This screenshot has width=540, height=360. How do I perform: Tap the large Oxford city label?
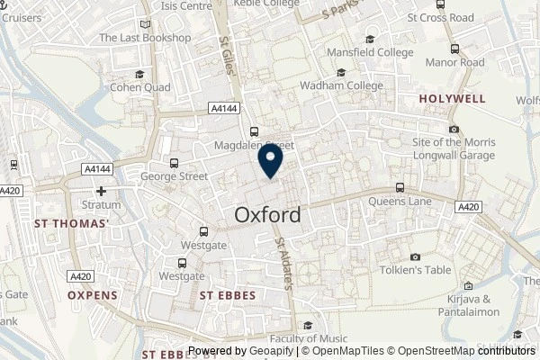(268, 216)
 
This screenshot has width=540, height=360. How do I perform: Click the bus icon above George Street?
(174, 164)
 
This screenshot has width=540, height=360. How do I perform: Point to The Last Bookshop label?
(145, 38)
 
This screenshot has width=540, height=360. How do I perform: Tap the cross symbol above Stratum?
(102, 191)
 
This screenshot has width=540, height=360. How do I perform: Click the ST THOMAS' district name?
(71, 222)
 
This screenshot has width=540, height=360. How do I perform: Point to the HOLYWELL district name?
(452, 98)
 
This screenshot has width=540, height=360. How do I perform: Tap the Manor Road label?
(454, 63)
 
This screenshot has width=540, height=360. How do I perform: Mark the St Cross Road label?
(440, 17)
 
